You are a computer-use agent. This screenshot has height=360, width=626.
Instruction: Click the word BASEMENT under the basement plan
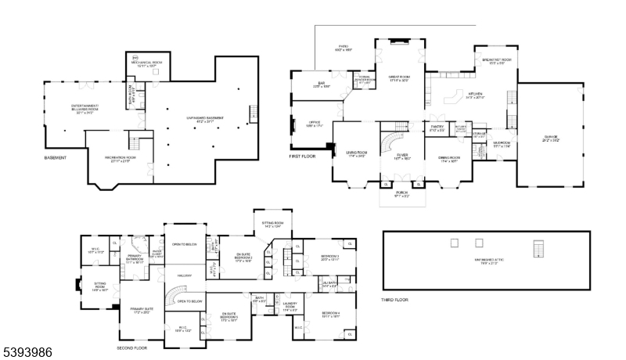pos(56,158)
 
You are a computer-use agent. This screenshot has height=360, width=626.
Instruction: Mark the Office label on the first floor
pos(315,124)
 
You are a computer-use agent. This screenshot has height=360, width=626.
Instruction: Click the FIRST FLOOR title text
pos(303,157)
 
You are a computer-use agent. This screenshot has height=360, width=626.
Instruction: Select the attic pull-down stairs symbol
pos(536,248)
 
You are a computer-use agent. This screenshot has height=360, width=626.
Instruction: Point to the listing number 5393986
pos(27,352)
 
